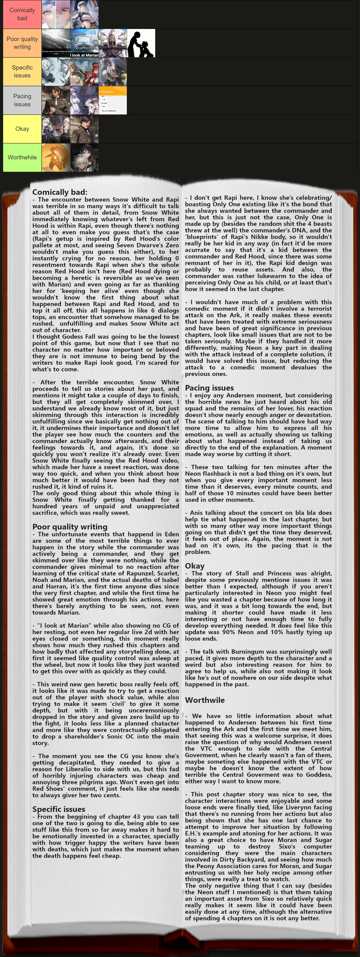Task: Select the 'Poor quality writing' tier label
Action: click(x=22, y=43)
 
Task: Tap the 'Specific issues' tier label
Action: click(x=22, y=72)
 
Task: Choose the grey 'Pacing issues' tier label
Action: click(x=22, y=100)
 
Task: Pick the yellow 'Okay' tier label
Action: click(x=22, y=129)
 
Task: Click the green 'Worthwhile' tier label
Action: click(x=22, y=158)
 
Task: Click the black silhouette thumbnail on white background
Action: click(x=141, y=43)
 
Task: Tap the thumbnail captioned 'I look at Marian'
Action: click(x=84, y=43)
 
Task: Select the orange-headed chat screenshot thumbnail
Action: click(x=113, y=100)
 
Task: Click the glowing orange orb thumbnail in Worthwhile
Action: click(x=56, y=158)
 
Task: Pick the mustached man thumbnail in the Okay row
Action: click(x=84, y=129)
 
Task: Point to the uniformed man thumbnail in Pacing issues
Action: click(x=56, y=100)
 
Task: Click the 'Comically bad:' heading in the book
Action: click(x=60, y=192)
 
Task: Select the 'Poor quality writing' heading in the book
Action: click(x=70, y=527)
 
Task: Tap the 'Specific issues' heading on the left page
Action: click(x=59, y=809)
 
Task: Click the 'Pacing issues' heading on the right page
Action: click(x=210, y=388)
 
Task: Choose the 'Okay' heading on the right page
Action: click(x=195, y=566)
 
